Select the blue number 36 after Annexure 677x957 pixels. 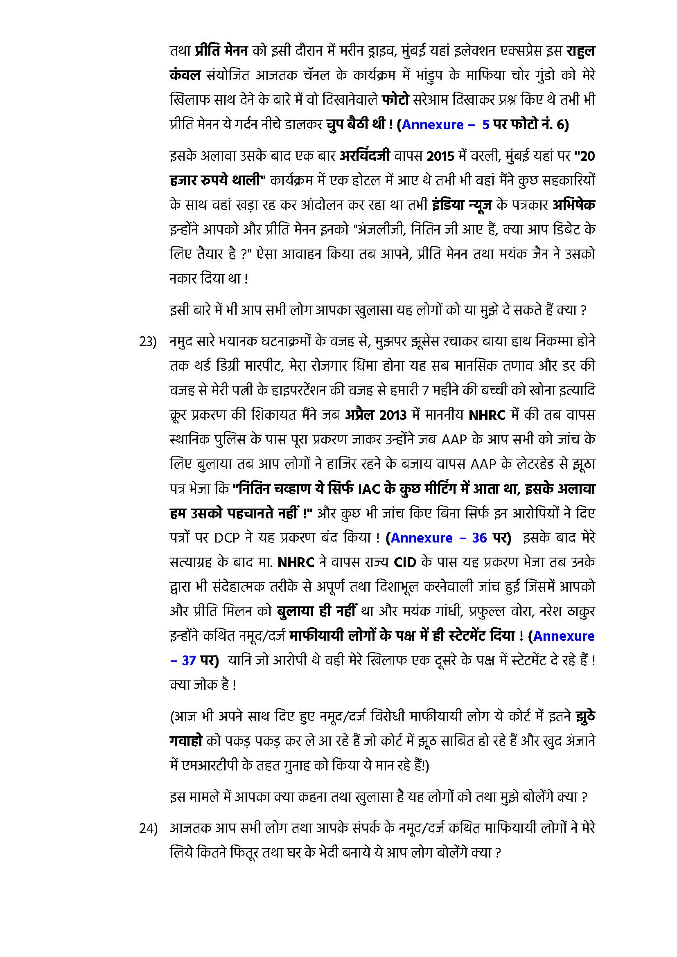click(x=479, y=538)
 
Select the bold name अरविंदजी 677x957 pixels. click(x=365, y=156)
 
